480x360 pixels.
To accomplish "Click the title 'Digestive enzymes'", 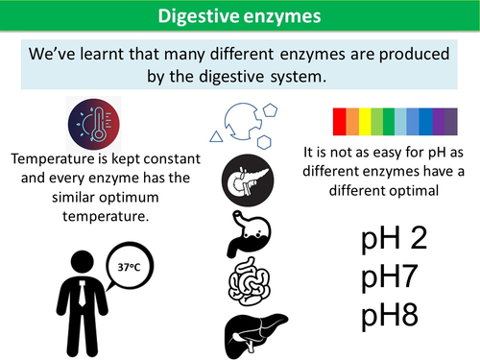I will [x=239, y=16].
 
